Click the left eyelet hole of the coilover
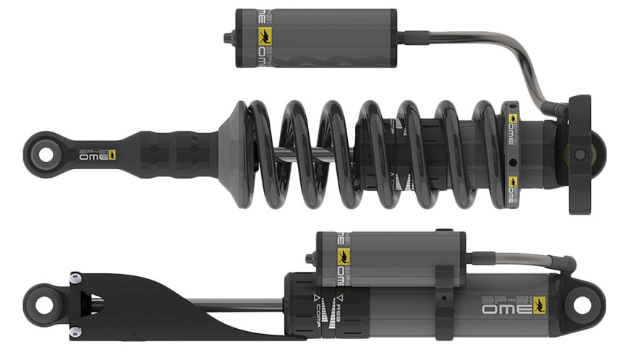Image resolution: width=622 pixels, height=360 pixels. click(46, 153)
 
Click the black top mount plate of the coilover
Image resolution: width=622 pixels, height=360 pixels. click(581, 154)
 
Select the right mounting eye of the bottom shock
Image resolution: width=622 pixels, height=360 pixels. click(584, 304)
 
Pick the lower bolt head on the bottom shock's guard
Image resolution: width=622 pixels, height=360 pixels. click(74, 332)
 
